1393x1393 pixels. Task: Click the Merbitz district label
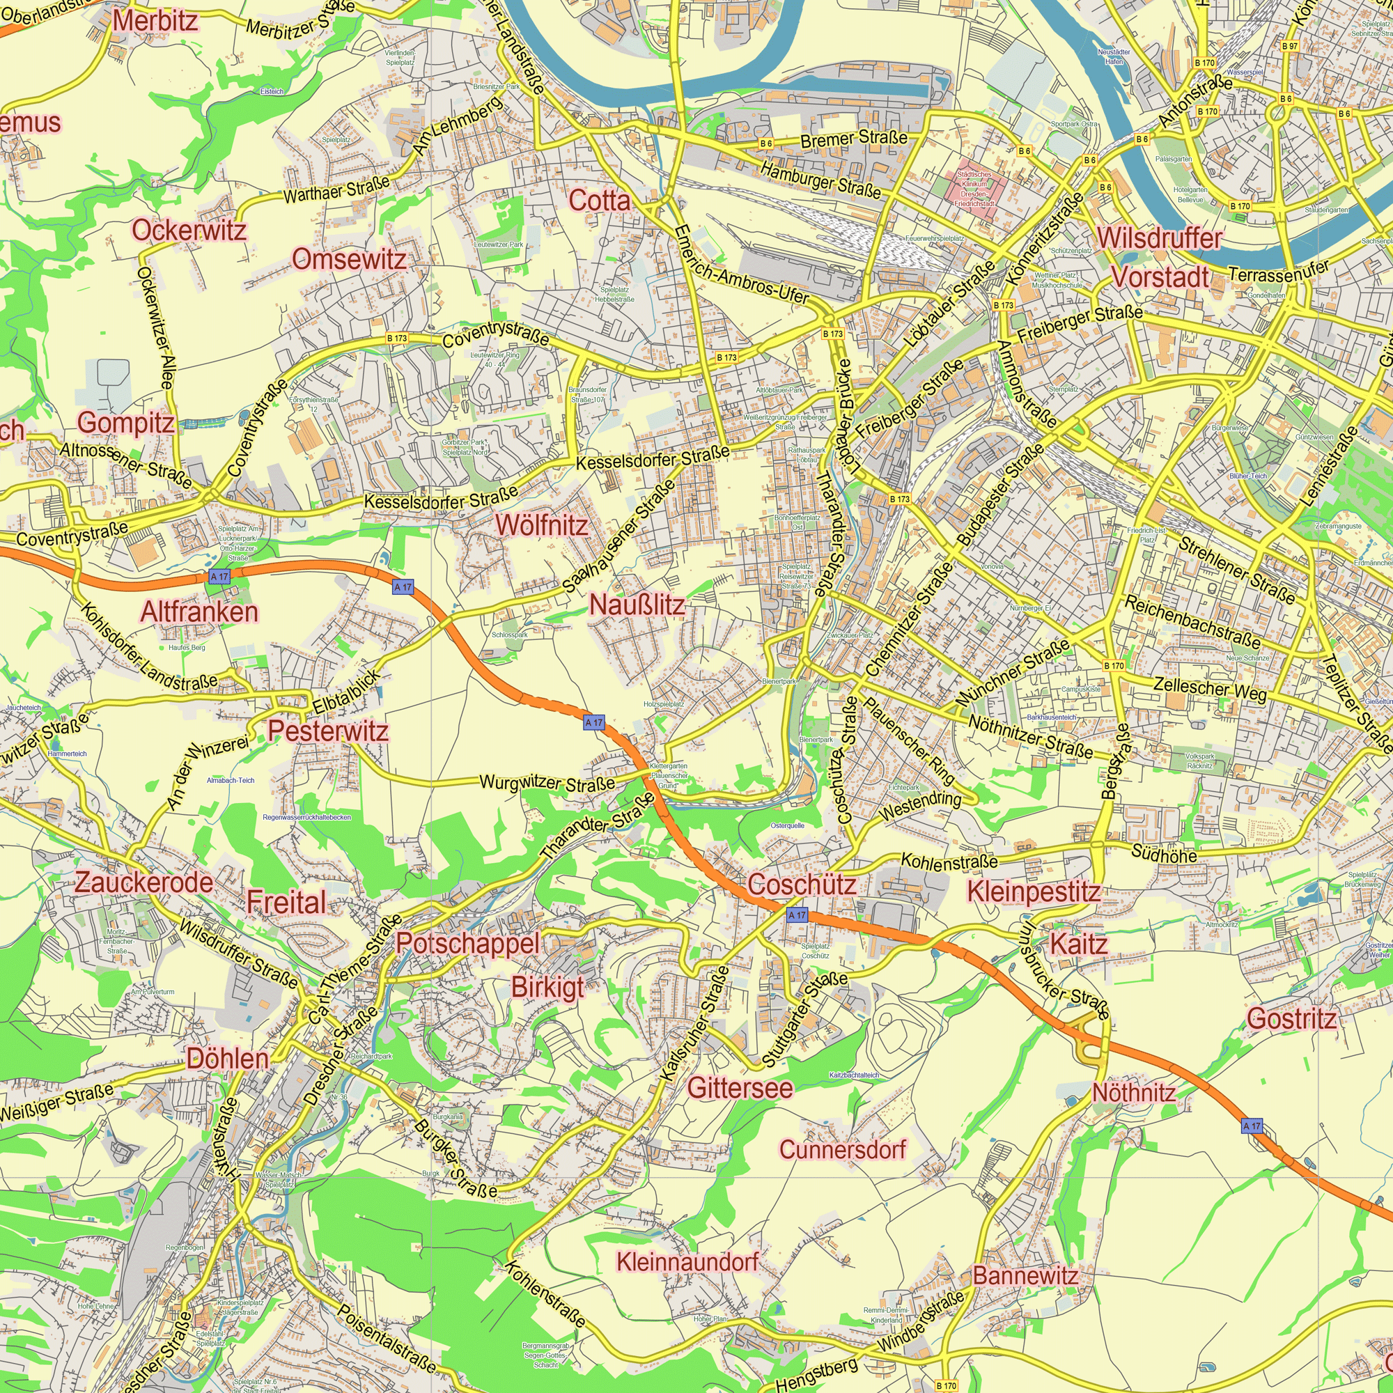(155, 21)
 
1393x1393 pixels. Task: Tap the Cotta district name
(599, 201)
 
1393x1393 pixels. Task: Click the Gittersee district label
(740, 1087)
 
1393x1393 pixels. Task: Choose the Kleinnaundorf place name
(687, 1262)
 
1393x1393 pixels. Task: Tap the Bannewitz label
(1025, 1275)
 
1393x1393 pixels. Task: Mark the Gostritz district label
(1291, 1018)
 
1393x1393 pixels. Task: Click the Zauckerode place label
(143, 882)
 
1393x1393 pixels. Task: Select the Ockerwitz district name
(189, 230)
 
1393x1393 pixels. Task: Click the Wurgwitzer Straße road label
(547, 782)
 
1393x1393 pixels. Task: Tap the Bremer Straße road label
(854, 138)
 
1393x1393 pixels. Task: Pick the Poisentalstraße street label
(387, 1339)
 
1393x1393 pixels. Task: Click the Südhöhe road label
(1164, 855)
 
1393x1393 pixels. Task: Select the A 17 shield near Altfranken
(219, 577)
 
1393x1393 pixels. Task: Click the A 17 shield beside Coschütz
(797, 915)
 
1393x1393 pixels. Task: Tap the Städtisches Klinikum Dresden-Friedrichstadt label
(974, 189)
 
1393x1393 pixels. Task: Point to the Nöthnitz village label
(1133, 1092)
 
